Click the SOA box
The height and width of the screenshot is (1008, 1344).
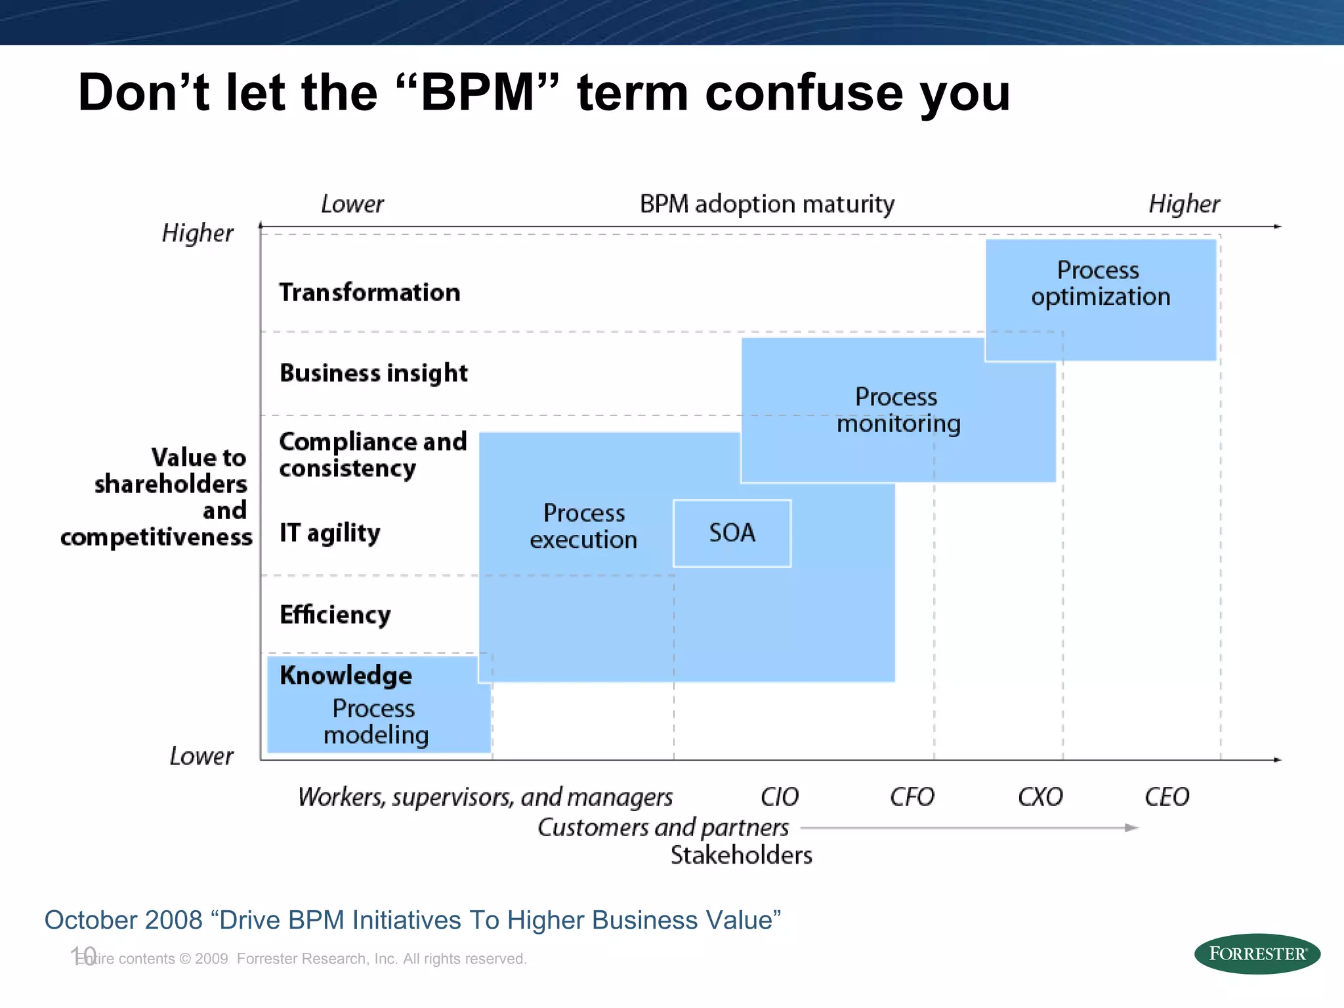tap(732, 533)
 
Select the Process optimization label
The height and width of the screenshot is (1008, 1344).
tap(1100, 283)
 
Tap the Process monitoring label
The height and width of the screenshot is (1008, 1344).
tap(898, 410)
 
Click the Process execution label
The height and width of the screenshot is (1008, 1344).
tap(583, 526)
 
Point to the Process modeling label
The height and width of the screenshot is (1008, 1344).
tap(375, 722)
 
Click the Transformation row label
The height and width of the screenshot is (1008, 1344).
tap(369, 293)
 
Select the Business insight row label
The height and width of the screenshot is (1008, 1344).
tap(373, 373)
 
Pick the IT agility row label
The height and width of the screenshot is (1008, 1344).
tap(329, 533)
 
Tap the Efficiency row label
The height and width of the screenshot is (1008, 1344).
tap(335, 615)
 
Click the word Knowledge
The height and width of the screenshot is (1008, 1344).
tap(346, 676)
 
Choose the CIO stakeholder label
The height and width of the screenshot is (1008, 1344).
tap(779, 797)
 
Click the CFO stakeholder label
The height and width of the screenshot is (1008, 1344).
tap(912, 797)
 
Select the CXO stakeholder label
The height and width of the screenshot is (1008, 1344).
tap(1040, 797)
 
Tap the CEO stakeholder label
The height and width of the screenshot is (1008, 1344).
tap(1167, 797)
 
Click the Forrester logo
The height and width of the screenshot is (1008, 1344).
tap(1257, 954)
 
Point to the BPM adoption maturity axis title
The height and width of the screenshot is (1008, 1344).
tap(766, 204)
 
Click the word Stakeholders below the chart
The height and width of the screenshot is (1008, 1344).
tap(741, 855)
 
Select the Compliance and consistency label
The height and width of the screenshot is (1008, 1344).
tap(372, 455)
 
